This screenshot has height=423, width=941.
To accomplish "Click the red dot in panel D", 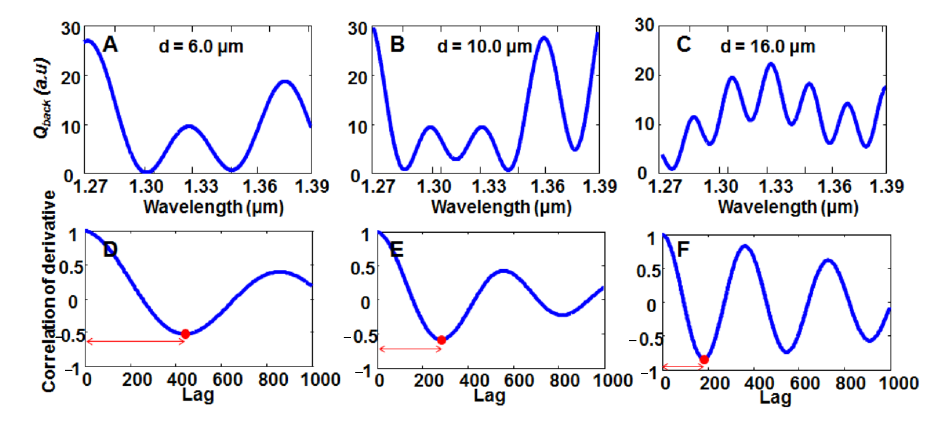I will pyautogui.click(x=185, y=334).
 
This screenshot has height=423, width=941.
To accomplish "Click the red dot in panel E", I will pyautogui.click(x=441, y=340).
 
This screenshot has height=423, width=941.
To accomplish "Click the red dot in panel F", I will pyautogui.click(x=704, y=360).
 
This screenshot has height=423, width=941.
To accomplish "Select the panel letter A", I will pyautogui.click(x=110, y=45).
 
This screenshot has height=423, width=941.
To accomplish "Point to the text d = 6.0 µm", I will pyautogui.click(x=201, y=47).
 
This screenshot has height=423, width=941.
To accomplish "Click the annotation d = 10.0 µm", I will pyautogui.click(x=484, y=47).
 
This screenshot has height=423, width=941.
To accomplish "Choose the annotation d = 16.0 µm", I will pyautogui.click(x=768, y=47).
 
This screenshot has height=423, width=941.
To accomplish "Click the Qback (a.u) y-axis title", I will pyautogui.click(x=42, y=98).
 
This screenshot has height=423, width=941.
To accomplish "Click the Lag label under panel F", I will pyautogui.click(x=775, y=398).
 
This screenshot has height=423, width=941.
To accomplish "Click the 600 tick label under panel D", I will pyautogui.click(x=227, y=380).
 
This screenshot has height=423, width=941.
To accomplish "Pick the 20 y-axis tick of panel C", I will pyautogui.click(x=644, y=75).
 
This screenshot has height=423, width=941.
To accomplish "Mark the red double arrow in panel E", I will pyautogui.click(x=410, y=349).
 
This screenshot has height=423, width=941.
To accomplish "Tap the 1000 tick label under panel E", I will pyautogui.click(x=613, y=381).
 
